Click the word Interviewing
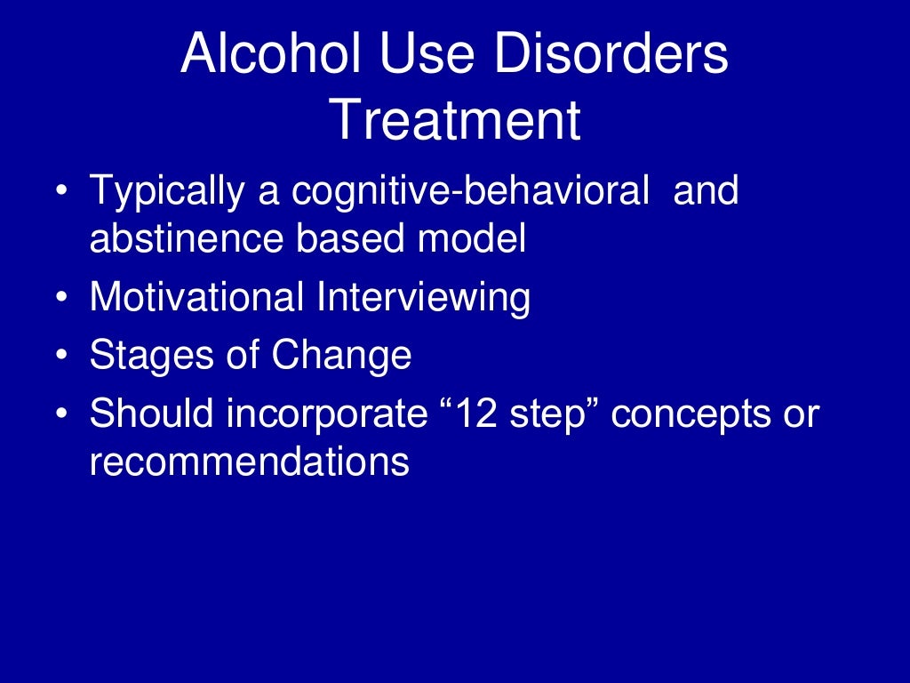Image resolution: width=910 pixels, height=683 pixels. point(423,297)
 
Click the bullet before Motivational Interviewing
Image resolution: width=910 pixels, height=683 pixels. point(60,298)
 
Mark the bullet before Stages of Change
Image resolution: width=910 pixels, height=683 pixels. point(60,356)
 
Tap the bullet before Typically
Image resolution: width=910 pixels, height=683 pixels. point(60,192)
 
